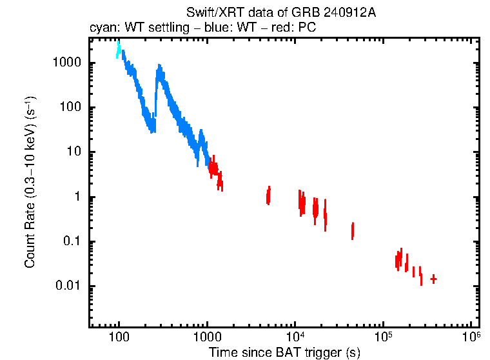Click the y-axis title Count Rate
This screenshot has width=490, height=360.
tap(30, 182)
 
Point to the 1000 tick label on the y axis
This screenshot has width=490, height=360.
tap(66, 63)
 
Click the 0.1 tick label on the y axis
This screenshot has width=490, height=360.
tap(70, 242)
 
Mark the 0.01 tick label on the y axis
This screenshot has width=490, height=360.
tap(67, 286)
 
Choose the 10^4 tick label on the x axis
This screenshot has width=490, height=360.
tap(295, 337)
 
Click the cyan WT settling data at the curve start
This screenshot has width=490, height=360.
tap(119, 49)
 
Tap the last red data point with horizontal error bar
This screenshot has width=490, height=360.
tap(433, 279)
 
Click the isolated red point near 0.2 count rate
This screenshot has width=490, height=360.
tap(353, 230)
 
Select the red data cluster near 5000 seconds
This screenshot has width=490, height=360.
tap(268, 195)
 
